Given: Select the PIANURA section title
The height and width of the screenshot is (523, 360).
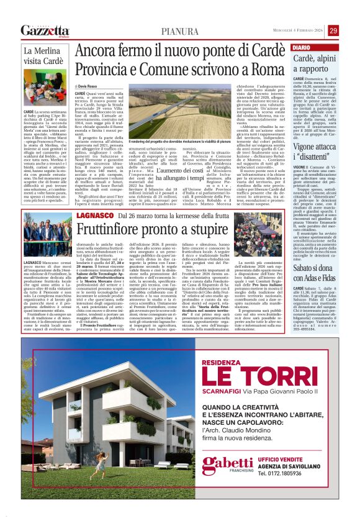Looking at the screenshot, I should click(181, 31).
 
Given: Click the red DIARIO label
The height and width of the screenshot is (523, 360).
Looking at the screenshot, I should click(301, 48).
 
